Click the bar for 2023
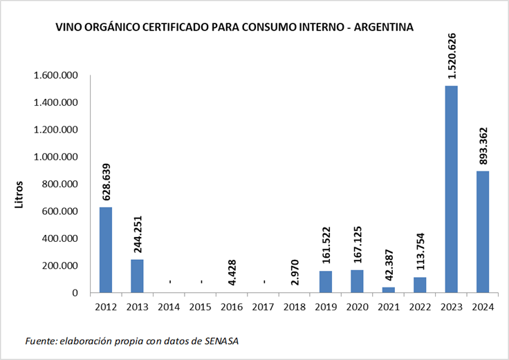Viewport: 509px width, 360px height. (451, 189)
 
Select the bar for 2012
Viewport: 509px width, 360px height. (106, 249)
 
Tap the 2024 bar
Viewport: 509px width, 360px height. (482, 231)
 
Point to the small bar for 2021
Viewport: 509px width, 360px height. (389, 290)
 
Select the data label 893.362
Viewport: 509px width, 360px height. (483, 146)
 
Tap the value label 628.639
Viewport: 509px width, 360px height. (107, 182)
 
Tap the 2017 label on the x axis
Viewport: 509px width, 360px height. (263, 307)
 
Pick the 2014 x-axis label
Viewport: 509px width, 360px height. (169, 307)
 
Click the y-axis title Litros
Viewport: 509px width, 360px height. (19, 196)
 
